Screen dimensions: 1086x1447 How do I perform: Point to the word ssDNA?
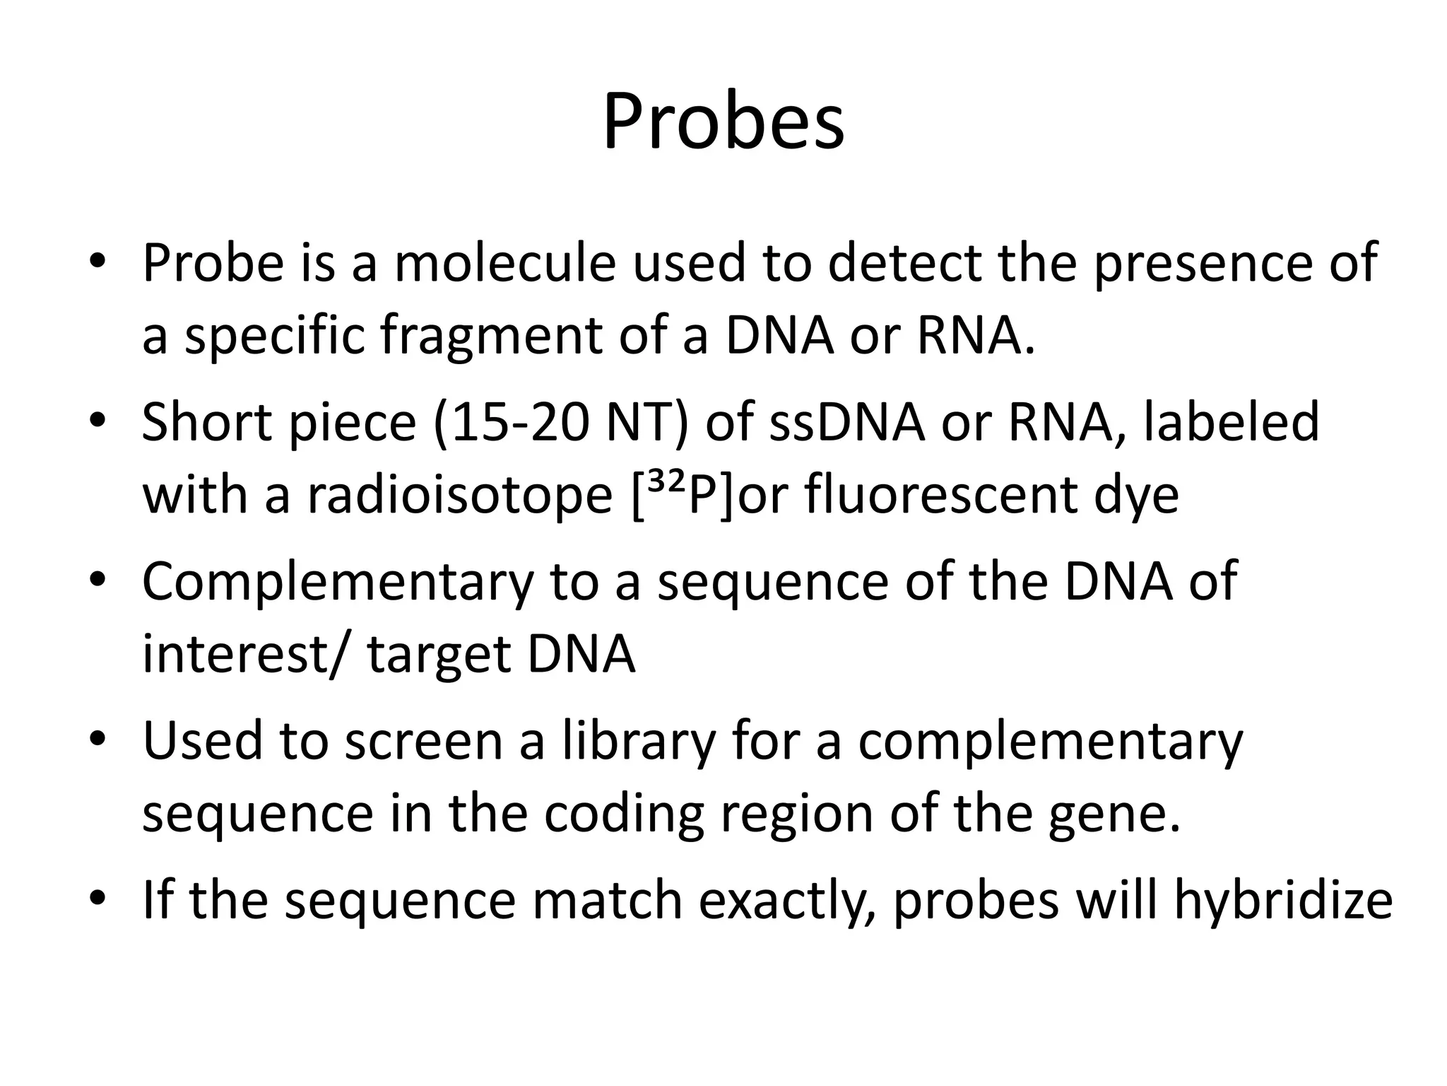click(x=846, y=422)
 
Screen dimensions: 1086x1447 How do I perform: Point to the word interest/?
click(x=245, y=655)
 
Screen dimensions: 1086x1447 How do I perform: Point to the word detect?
click(x=905, y=263)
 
